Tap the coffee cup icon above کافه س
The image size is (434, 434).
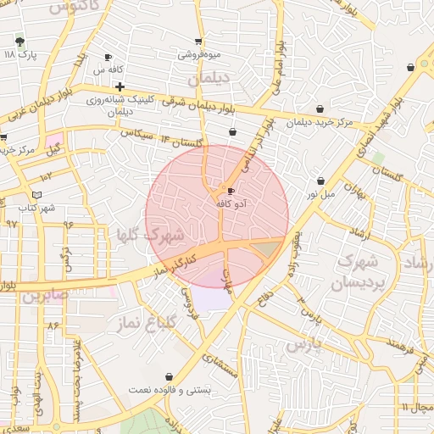[107, 57]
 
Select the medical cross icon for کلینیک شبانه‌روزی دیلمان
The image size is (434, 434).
[120, 86]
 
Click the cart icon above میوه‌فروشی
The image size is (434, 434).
[198, 41]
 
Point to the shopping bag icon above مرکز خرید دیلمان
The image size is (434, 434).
[320, 108]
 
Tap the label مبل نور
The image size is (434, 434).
[320, 194]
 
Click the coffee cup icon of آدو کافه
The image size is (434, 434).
[231, 191]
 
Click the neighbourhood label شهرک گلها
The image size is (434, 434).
[158, 232]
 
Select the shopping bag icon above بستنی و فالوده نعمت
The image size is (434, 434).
[170, 376]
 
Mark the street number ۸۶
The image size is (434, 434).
[54, 325]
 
